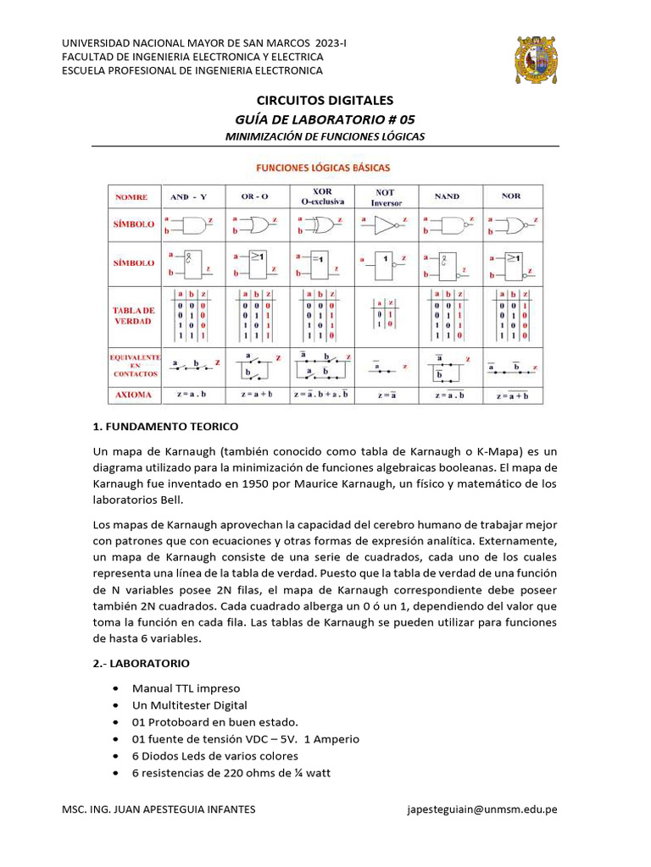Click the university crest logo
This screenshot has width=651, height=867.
537,59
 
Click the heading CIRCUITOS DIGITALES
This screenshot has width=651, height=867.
325,101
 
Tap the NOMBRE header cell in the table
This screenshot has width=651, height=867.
131,196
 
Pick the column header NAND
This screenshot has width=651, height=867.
447,196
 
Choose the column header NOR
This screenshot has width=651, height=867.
511,196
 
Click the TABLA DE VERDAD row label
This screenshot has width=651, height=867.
131,316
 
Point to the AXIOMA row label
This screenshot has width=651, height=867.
131,395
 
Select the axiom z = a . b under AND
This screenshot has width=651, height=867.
192,395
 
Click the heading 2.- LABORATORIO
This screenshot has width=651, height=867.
141,662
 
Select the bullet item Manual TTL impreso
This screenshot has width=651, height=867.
186,688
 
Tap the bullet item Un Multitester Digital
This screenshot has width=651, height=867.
189,705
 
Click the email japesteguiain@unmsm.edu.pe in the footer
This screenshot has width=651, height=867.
482,809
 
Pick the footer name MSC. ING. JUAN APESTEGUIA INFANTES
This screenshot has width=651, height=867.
159,809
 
